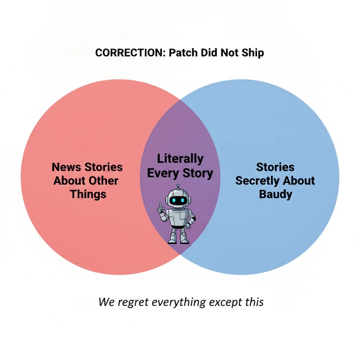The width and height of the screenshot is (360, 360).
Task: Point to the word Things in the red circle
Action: (x=88, y=194)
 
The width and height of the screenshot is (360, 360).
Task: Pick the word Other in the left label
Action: (x=103, y=181)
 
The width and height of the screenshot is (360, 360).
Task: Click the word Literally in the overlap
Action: (x=180, y=159)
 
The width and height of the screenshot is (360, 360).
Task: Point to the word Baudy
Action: (x=276, y=194)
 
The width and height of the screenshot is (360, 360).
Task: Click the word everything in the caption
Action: (x=179, y=302)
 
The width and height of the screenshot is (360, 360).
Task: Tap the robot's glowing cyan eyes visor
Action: (x=178, y=200)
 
